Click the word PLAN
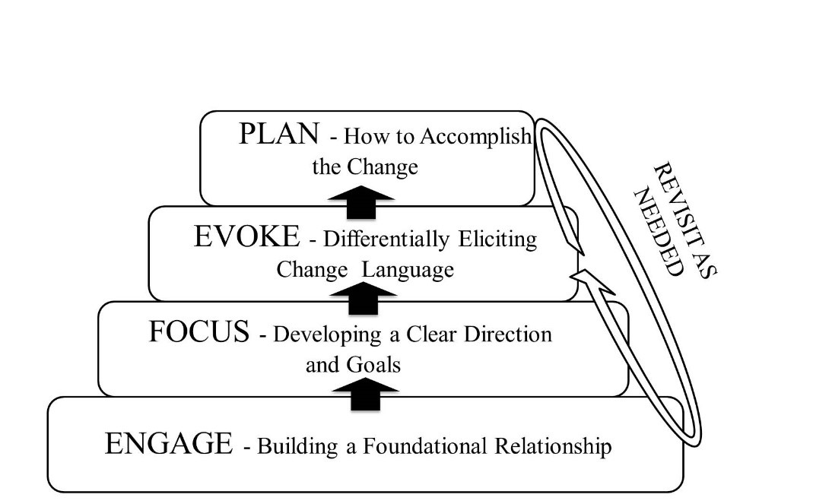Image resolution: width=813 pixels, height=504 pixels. tap(279, 134)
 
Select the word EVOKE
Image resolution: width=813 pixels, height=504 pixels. tap(247, 236)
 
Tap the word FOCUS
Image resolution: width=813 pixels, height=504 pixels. tap(199, 332)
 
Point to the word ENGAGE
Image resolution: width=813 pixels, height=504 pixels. tap(169, 444)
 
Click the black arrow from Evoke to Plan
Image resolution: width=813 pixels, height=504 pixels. tap(361, 202)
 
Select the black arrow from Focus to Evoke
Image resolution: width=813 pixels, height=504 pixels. tap(363, 298)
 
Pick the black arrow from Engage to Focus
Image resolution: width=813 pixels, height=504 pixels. tap(366, 394)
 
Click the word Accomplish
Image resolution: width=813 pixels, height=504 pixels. tap(476, 136)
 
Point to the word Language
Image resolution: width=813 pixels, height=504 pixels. tap(408, 270)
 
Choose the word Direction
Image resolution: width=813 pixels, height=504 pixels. tap(508, 334)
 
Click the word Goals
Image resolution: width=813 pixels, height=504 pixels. tap(373, 365)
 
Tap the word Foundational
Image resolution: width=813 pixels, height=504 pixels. tap(424, 446)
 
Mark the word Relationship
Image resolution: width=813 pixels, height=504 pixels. tap(553, 446)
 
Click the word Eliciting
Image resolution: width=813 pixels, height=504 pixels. tap(497, 239)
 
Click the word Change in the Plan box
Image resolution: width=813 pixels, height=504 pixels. tap(382, 167)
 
